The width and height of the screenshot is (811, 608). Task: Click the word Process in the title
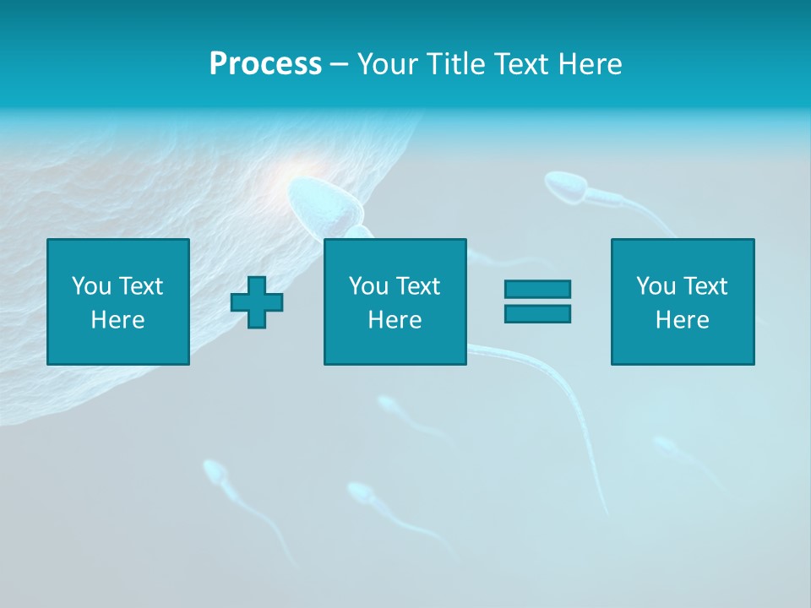pos(265,64)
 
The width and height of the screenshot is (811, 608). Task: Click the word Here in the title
pos(589,64)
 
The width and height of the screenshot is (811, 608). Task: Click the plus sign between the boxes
pos(257,302)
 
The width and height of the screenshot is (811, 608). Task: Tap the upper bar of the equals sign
pos(537,290)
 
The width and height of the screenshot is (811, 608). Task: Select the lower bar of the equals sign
pos(537,313)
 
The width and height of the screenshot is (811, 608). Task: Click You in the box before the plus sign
pos(92,286)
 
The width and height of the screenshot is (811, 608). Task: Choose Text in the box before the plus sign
pos(140,286)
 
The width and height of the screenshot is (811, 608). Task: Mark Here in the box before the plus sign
pos(117,320)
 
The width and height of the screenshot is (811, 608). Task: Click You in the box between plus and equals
pos(369,286)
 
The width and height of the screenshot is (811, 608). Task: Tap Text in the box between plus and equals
pos(417,286)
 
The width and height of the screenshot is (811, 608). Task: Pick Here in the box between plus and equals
pos(395,320)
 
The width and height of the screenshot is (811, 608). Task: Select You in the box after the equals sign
pos(656,286)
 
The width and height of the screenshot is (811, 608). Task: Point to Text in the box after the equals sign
pos(705,286)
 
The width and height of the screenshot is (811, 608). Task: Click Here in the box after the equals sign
pos(682,320)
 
